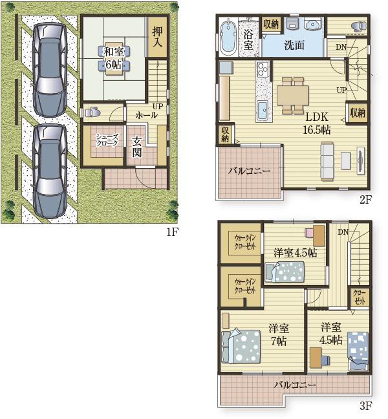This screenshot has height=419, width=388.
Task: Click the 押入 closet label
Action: tap(157, 37)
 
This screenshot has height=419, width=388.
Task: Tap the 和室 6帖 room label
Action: tap(114, 58)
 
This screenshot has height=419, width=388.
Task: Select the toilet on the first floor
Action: tap(92, 113)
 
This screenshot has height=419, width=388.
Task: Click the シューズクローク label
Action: tap(107, 140)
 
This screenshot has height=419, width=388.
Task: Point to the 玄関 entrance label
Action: tap(137, 147)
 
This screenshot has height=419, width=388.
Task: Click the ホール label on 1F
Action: tap(146, 116)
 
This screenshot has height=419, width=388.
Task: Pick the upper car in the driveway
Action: tap(49, 70)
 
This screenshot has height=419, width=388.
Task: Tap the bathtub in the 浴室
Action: tap(228, 37)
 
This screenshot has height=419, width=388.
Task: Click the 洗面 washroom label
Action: tap(294, 45)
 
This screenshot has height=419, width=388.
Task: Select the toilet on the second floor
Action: tap(359, 27)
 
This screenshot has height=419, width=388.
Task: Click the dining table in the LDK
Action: tap(292, 95)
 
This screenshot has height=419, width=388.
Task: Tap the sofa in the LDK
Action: tap(327, 160)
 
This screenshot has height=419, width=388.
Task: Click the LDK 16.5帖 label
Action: tap(317, 124)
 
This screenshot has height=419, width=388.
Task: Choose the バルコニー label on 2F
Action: tap(249, 171)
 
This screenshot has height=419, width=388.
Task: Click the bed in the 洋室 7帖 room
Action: tap(241, 346)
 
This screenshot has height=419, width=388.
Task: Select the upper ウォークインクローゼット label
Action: tap(245, 242)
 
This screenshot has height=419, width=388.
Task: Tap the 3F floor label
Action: tap(366, 406)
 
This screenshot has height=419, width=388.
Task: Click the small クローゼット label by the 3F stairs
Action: tap(360, 297)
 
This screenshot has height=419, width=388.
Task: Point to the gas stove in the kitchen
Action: tap(263, 69)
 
